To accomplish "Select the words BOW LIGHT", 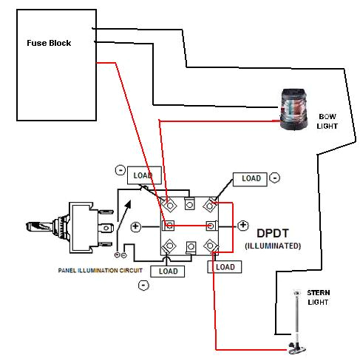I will (327, 121).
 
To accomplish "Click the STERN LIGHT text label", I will (319, 297).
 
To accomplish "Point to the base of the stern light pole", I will (296, 348).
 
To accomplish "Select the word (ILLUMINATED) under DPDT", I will (273, 246).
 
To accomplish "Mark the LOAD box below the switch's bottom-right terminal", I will (225, 267).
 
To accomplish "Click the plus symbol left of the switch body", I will (135, 226).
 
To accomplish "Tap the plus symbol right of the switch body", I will (243, 224).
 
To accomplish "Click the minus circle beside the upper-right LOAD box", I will (274, 178).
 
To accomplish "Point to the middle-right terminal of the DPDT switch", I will (212, 225).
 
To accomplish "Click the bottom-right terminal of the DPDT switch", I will (213, 246).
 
